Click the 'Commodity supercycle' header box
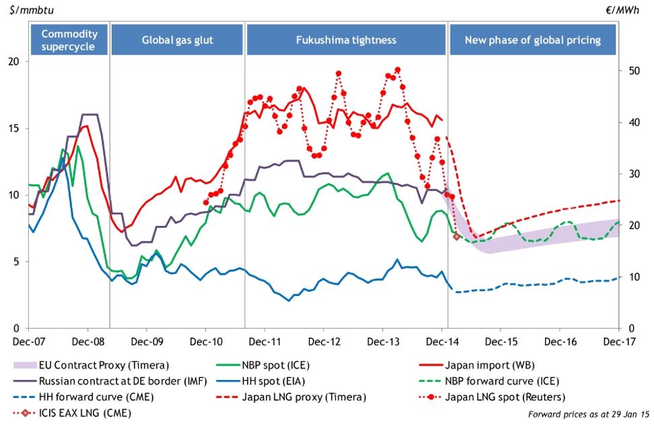69,40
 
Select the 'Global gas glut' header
177,40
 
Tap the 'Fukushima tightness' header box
346,40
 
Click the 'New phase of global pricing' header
533,40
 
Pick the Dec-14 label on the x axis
442,342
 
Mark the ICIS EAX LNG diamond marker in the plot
456,236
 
